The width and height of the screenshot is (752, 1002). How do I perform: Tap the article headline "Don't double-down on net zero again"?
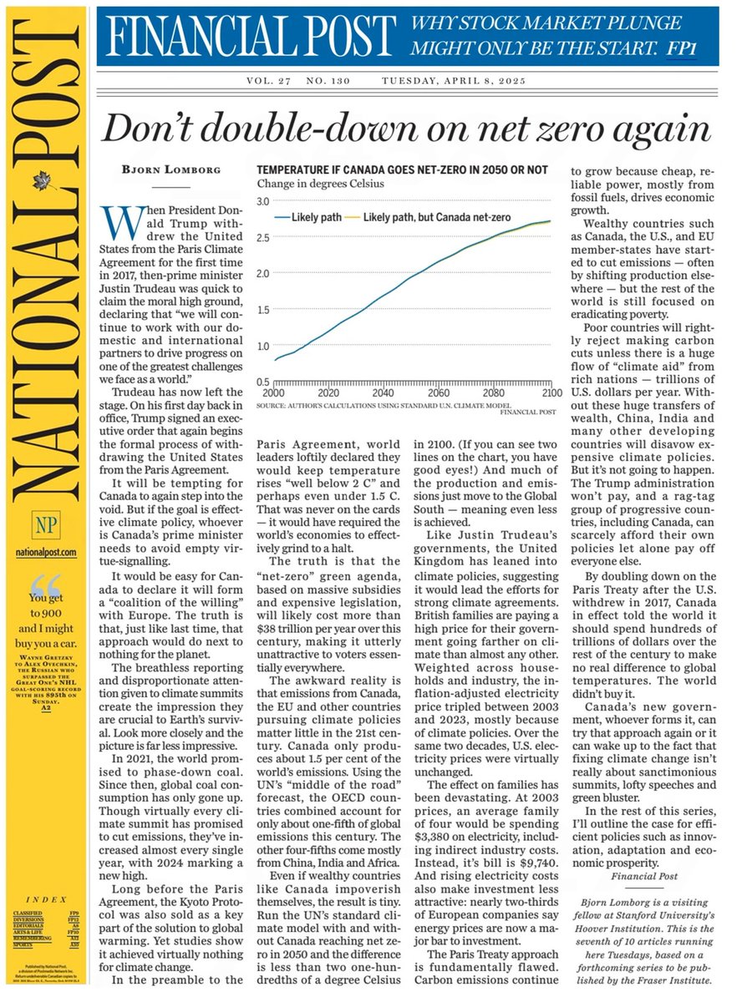[x=405, y=130]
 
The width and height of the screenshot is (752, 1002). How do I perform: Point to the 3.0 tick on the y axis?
[x=264, y=202]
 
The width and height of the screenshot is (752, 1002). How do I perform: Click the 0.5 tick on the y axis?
[x=264, y=382]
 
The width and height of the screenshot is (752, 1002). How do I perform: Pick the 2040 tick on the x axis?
[x=384, y=392]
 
